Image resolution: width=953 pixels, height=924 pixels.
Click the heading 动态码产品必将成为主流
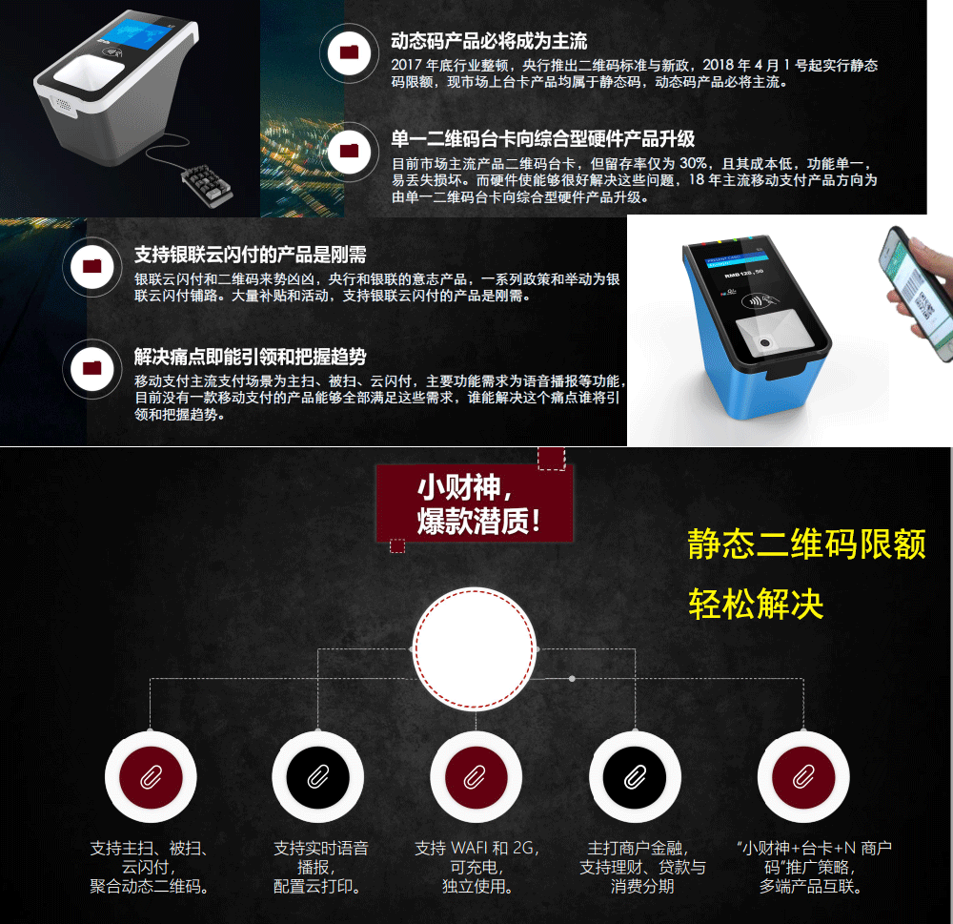[x=489, y=41]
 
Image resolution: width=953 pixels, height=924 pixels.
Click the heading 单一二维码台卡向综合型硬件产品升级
[x=543, y=138]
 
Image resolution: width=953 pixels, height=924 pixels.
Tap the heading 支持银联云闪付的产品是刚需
[x=250, y=255]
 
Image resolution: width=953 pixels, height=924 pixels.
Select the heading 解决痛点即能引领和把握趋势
[x=250, y=357]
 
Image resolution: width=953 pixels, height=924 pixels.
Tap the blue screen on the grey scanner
[x=139, y=35]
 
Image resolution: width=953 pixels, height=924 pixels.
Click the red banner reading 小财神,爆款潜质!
[x=474, y=503]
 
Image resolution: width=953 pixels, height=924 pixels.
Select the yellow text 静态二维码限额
[x=806, y=544]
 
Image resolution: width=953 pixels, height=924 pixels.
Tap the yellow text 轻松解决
[x=756, y=604]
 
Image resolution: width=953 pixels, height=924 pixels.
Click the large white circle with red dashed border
[x=474, y=648]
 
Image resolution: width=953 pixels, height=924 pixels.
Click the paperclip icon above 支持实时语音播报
[x=318, y=777]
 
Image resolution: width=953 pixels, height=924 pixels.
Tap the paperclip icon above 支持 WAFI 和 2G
[x=476, y=777]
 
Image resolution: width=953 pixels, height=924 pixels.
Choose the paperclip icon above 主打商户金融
[x=635, y=777]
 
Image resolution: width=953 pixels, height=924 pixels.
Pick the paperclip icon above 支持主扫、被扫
[x=151, y=777]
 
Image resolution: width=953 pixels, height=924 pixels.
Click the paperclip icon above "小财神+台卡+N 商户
[x=802, y=777]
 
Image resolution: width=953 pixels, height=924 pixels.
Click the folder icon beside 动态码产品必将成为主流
[x=349, y=52]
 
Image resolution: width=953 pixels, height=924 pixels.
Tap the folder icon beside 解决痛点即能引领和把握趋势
[x=91, y=368]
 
